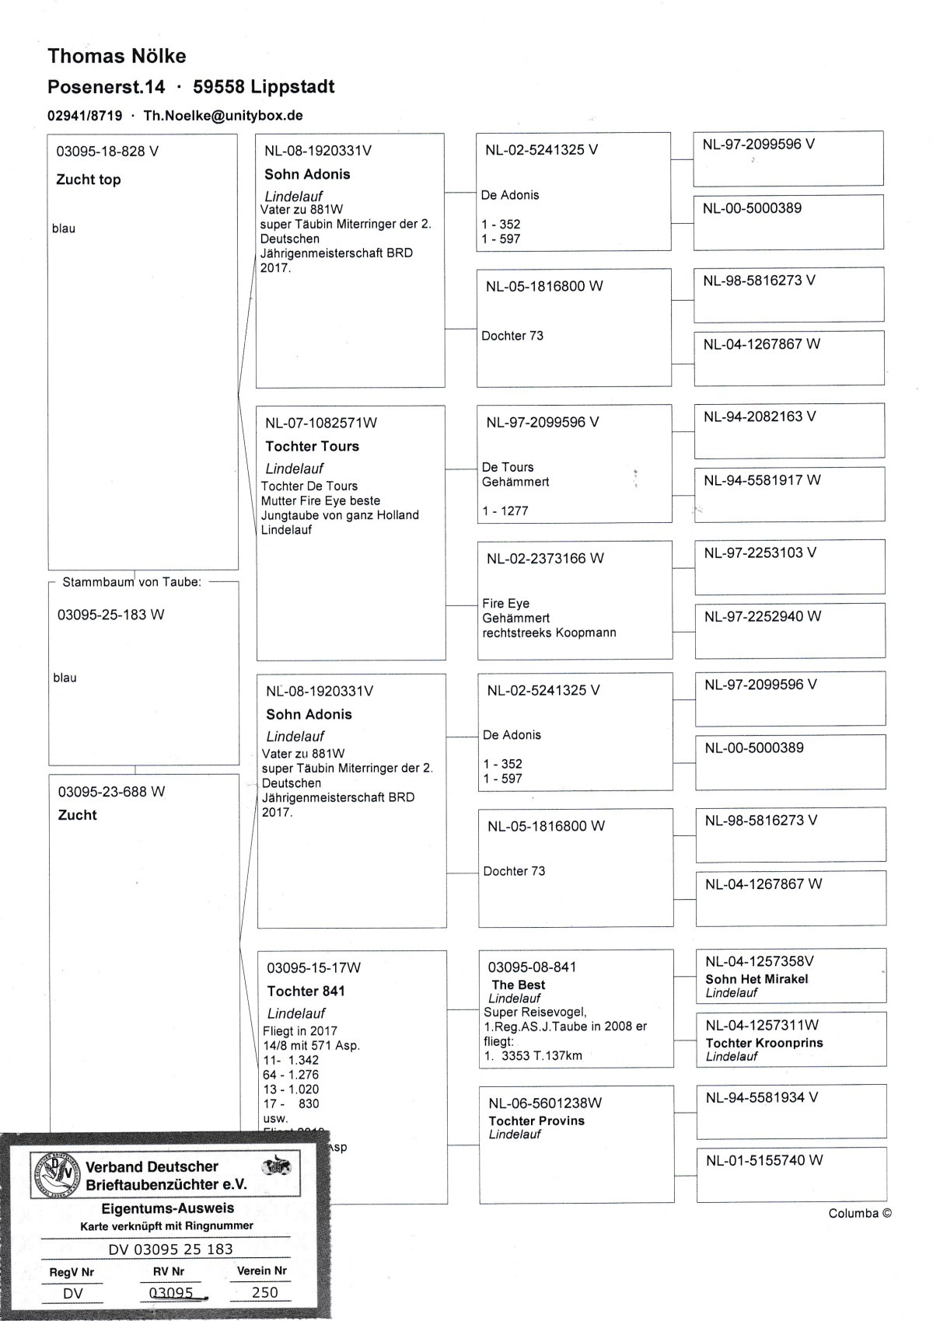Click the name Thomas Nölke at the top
pyautogui.click(x=117, y=56)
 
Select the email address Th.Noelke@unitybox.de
pyautogui.click(x=223, y=116)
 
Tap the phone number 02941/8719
pyautogui.click(x=85, y=116)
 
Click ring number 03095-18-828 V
pyautogui.click(x=107, y=152)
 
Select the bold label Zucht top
pyautogui.click(x=89, y=180)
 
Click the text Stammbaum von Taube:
pyautogui.click(x=131, y=582)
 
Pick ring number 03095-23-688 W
pyautogui.click(x=111, y=792)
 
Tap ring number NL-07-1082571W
pyautogui.click(x=321, y=423)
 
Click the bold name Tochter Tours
pyautogui.click(x=312, y=446)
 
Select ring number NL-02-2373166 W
pyautogui.click(x=545, y=559)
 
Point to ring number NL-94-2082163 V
pyautogui.click(x=760, y=417)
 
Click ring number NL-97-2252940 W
pyautogui.click(x=762, y=616)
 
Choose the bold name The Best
pyautogui.click(x=519, y=985)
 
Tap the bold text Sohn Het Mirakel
pyautogui.click(x=757, y=979)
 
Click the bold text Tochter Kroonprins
pyautogui.click(x=764, y=1043)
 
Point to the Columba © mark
pyautogui.click(x=860, y=1213)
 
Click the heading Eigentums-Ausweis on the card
pyautogui.click(x=168, y=1208)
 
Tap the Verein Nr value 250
pyautogui.click(x=264, y=1292)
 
